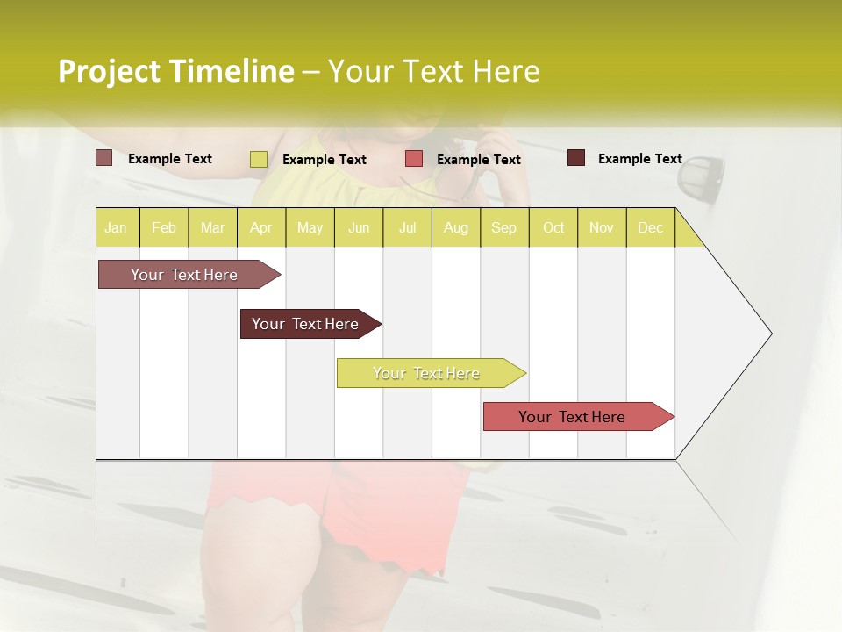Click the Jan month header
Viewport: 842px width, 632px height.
click(116, 227)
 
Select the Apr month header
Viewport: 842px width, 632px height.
click(260, 227)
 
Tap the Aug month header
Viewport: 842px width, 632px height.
click(455, 227)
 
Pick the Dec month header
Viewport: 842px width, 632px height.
click(650, 227)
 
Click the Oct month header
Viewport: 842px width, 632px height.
click(553, 227)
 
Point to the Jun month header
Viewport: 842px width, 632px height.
click(359, 227)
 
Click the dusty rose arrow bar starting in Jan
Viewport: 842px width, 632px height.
click(184, 275)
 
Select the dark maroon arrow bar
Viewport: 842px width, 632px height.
click(305, 324)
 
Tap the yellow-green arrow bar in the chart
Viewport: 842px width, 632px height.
click(426, 373)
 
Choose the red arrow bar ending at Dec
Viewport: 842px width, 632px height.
click(572, 417)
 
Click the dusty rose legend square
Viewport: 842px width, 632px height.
click(103, 158)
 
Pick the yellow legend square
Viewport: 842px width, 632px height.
click(258, 159)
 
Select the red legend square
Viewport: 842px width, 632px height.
click(413, 159)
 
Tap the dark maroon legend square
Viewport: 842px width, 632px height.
click(575, 158)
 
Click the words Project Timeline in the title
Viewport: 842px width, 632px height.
click(175, 71)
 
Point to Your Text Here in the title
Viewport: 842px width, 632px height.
click(433, 71)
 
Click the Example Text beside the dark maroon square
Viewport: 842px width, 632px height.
click(639, 159)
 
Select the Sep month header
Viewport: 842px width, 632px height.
click(503, 227)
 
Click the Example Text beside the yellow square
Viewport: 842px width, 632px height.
click(324, 160)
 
